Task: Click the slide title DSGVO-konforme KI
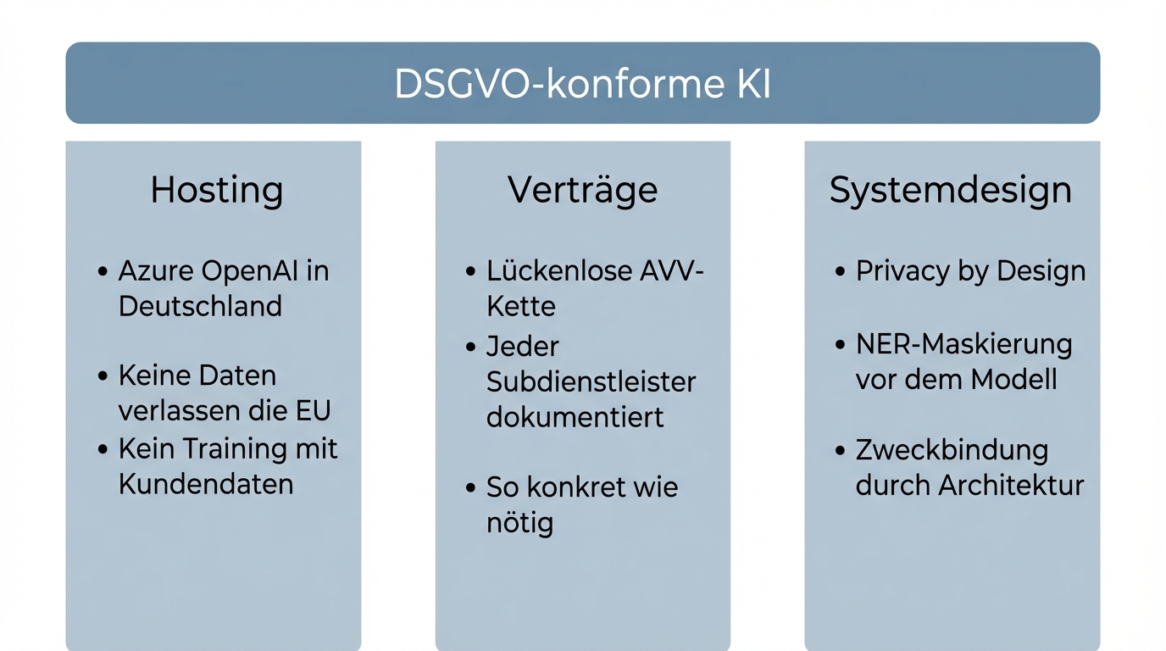pyautogui.click(x=582, y=85)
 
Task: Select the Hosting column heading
pyautogui.click(x=216, y=190)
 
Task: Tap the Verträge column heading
pyautogui.click(x=582, y=190)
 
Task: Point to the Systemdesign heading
pyautogui.click(x=950, y=190)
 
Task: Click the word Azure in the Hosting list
pyautogui.click(x=156, y=271)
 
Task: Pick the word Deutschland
pyautogui.click(x=200, y=306)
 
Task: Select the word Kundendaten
pyautogui.click(x=206, y=484)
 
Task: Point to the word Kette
pyautogui.click(x=520, y=306)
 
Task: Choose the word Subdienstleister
pyautogui.click(x=591, y=382)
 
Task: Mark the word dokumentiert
pyautogui.click(x=575, y=417)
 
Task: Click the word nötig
pyautogui.click(x=519, y=523)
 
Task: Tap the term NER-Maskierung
pyautogui.click(x=963, y=344)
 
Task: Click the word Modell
pyautogui.click(x=1013, y=379)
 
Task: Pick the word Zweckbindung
pyautogui.click(x=952, y=450)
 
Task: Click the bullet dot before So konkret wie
pyautogui.click(x=471, y=487)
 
